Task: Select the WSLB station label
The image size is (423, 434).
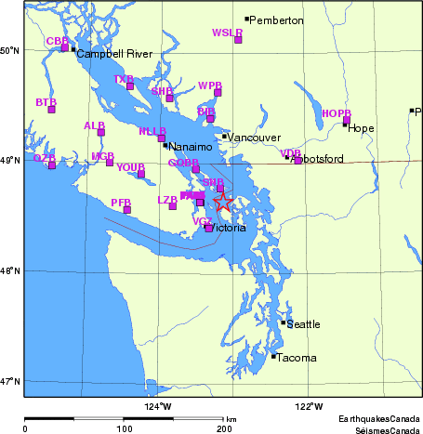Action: (227, 33)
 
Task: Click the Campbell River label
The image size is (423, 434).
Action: (112, 54)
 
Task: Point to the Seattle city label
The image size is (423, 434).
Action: (303, 324)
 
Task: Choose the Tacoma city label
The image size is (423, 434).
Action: (297, 358)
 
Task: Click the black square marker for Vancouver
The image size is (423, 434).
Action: (224, 137)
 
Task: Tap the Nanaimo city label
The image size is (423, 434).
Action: (190, 146)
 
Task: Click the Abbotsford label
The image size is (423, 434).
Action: (318, 159)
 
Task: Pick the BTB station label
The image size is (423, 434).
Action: (46, 101)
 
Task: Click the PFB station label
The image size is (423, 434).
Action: (120, 202)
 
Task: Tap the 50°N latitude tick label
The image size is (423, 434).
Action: (10, 50)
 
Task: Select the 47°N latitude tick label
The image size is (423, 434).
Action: (10, 381)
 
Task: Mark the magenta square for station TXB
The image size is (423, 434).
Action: (130, 86)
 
